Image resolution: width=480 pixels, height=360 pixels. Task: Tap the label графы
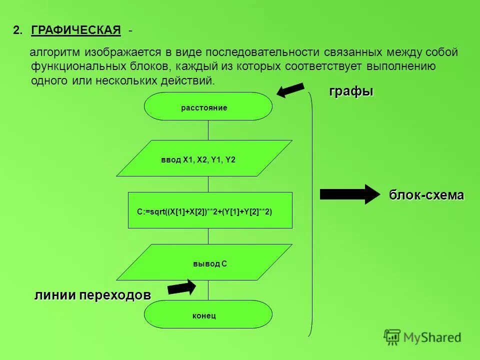point(351,91)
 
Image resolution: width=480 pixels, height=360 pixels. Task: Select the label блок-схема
point(426,195)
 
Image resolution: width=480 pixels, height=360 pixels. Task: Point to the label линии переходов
point(92,295)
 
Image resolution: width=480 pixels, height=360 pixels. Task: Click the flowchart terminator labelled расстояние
point(208,106)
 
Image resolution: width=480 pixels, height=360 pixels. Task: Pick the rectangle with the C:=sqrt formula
point(210,210)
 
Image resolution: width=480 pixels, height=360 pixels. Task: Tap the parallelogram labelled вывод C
point(204,262)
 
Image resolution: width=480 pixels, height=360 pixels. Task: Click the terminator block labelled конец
point(208,314)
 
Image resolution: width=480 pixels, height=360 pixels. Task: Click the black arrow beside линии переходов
point(181,287)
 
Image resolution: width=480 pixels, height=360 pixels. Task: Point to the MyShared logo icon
point(392,336)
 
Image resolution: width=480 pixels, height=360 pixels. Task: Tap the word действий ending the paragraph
point(192,80)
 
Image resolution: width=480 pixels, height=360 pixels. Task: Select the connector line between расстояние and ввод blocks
point(208,130)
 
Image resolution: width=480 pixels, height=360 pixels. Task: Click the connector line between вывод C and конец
point(208,290)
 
